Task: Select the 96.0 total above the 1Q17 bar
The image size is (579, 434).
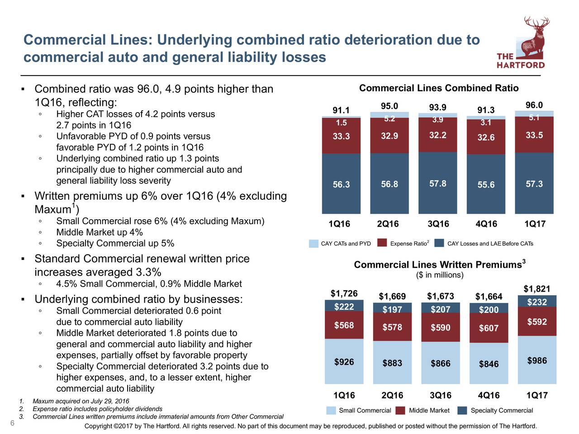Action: (534, 105)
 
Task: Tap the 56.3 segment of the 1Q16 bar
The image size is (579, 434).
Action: (341, 184)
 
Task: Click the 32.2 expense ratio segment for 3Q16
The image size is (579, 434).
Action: (438, 135)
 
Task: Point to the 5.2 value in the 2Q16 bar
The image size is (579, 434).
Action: (389, 119)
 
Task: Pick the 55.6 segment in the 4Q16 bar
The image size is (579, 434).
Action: (486, 185)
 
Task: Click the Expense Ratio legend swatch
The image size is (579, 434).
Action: (382, 243)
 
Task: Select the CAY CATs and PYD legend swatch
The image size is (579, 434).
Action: (313, 243)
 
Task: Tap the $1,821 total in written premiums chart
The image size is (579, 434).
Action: (537, 289)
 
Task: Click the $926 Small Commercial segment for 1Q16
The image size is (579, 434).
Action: (344, 362)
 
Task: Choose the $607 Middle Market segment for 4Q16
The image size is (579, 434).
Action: (489, 328)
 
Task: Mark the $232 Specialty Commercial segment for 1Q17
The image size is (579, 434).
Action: (537, 302)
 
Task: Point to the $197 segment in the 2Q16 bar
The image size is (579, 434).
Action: (392, 310)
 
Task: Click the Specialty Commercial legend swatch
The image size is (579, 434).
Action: (462, 410)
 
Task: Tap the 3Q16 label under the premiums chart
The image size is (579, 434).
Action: (441, 396)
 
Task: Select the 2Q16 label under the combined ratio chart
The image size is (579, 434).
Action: (388, 224)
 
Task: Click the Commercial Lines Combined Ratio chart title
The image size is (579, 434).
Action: (439, 88)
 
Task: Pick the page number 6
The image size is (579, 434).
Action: (12, 423)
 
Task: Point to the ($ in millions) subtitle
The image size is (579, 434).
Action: (440, 275)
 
